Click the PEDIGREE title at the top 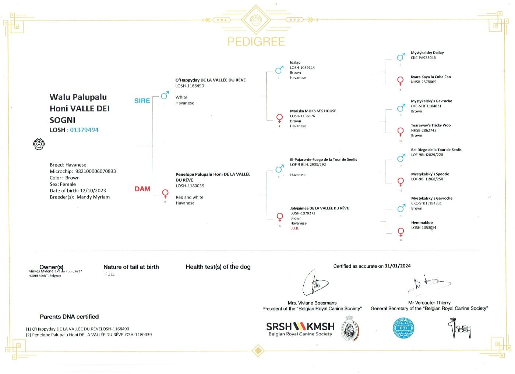[256, 42]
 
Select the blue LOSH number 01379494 [84, 130]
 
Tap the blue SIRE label [142, 101]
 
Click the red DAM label [142, 189]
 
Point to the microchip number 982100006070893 [96, 171]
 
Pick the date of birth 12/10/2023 [93, 190]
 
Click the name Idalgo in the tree [295, 63]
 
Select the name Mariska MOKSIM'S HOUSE [313, 111]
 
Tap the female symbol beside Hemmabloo [401, 232]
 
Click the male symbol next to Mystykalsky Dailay [401, 57]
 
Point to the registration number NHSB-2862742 [424, 131]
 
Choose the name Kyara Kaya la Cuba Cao [431, 77]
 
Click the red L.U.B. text [294, 228]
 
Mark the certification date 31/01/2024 [398, 266]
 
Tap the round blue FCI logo [403, 328]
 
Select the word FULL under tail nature [110, 274]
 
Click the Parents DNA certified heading [69, 317]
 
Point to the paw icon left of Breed [39, 144]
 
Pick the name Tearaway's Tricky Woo [431, 125]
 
